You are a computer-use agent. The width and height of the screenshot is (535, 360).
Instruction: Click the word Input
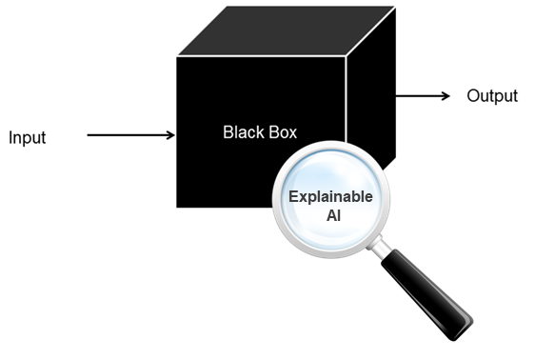[x=27, y=138]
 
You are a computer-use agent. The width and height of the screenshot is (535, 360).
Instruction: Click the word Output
[x=492, y=96]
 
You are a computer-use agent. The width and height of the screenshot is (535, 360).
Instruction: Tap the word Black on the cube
[x=242, y=131]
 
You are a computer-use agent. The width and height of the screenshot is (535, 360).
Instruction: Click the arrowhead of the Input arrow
[x=170, y=135]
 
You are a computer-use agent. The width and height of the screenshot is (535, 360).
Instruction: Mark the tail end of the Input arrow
[x=89, y=135]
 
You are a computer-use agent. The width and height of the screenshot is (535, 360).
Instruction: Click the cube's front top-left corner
[x=177, y=57]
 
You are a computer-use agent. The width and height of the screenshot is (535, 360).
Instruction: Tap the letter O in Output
[x=473, y=96]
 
